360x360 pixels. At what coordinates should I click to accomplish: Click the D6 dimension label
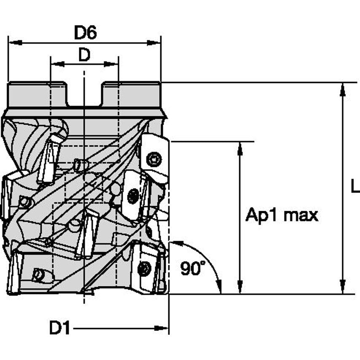[86, 32]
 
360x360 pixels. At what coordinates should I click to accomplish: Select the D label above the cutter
[84, 55]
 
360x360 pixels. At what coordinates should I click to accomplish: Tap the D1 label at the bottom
[59, 328]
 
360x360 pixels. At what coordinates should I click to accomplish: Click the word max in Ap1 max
[300, 215]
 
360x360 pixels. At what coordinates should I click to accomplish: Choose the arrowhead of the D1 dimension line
[162, 328]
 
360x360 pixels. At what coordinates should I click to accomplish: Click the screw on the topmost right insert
[154, 159]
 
